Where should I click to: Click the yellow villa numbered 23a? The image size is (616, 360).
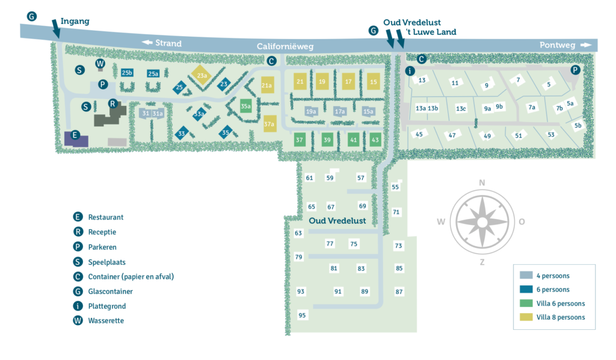pyautogui.click(x=202, y=75)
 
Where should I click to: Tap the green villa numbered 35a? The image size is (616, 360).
pyautogui.click(x=245, y=106)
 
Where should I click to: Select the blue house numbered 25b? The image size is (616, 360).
pyautogui.click(x=127, y=73)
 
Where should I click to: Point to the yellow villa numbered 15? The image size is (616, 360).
pyautogui.click(x=374, y=82)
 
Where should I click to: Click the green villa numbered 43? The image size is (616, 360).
pyautogui.click(x=375, y=140)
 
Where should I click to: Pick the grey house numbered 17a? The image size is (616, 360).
pyautogui.click(x=340, y=111)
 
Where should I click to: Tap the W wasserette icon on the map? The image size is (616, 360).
pyautogui.click(x=100, y=64)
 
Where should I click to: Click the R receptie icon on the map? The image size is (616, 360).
pyautogui.click(x=112, y=104)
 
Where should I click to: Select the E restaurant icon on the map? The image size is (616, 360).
pyautogui.click(x=75, y=135)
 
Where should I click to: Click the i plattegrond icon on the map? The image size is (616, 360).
pyautogui.click(x=410, y=71)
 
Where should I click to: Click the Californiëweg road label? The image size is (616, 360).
pyautogui.click(x=285, y=46)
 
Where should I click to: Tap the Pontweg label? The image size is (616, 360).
pyautogui.click(x=558, y=45)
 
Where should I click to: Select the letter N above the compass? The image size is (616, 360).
pyautogui.click(x=482, y=183)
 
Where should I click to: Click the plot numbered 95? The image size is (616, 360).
pyautogui.click(x=302, y=315)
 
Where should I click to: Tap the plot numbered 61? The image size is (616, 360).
pyautogui.click(x=310, y=178)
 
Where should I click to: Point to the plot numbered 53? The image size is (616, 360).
pyautogui.click(x=550, y=135)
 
